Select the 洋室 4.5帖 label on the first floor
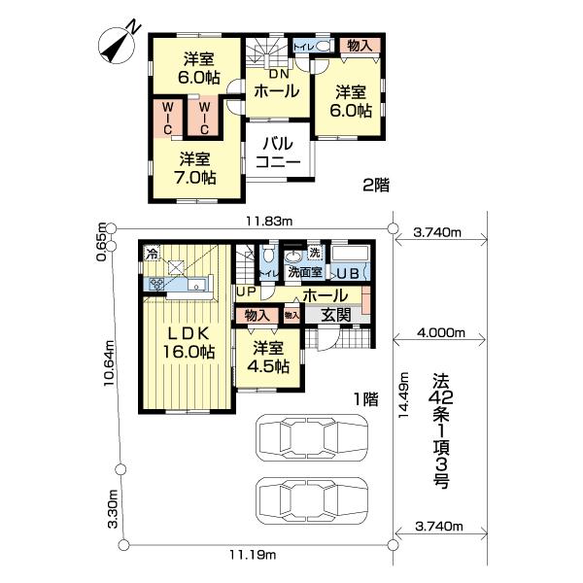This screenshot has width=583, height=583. [x=266, y=357]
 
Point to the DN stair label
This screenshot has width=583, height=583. [x=276, y=74]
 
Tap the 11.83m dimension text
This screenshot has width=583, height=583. [x=268, y=222]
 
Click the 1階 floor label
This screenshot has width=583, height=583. [x=364, y=398]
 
